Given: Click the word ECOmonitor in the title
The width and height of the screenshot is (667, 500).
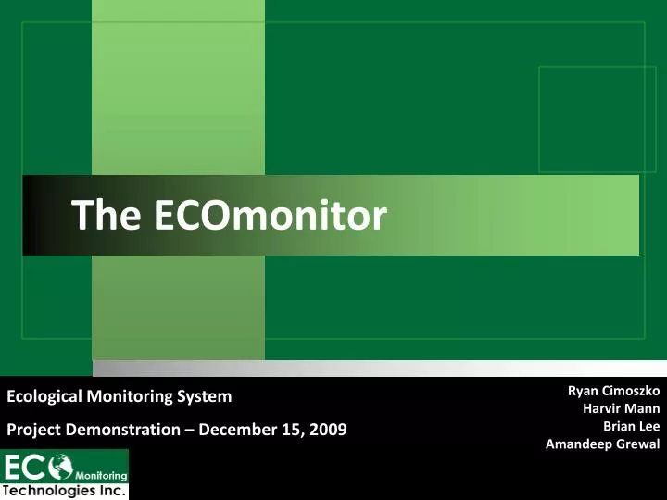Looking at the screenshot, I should click(270, 216).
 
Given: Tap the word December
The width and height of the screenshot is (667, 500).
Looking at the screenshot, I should click(237, 429).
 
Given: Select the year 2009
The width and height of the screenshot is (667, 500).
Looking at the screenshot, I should click(329, 429).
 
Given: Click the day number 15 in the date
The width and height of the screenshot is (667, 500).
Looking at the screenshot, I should click(293, 429).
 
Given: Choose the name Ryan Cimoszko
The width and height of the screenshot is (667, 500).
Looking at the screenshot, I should click(612, 391).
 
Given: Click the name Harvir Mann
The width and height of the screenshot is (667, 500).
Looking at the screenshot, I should click(621, 408).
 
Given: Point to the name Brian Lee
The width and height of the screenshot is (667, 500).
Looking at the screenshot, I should click(631, 426).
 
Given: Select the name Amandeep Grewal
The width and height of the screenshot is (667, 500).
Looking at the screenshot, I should click(602, 444).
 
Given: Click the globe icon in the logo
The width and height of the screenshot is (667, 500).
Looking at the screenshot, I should click(62, 465).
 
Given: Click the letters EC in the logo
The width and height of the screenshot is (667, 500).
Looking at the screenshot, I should click(26, 466).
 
